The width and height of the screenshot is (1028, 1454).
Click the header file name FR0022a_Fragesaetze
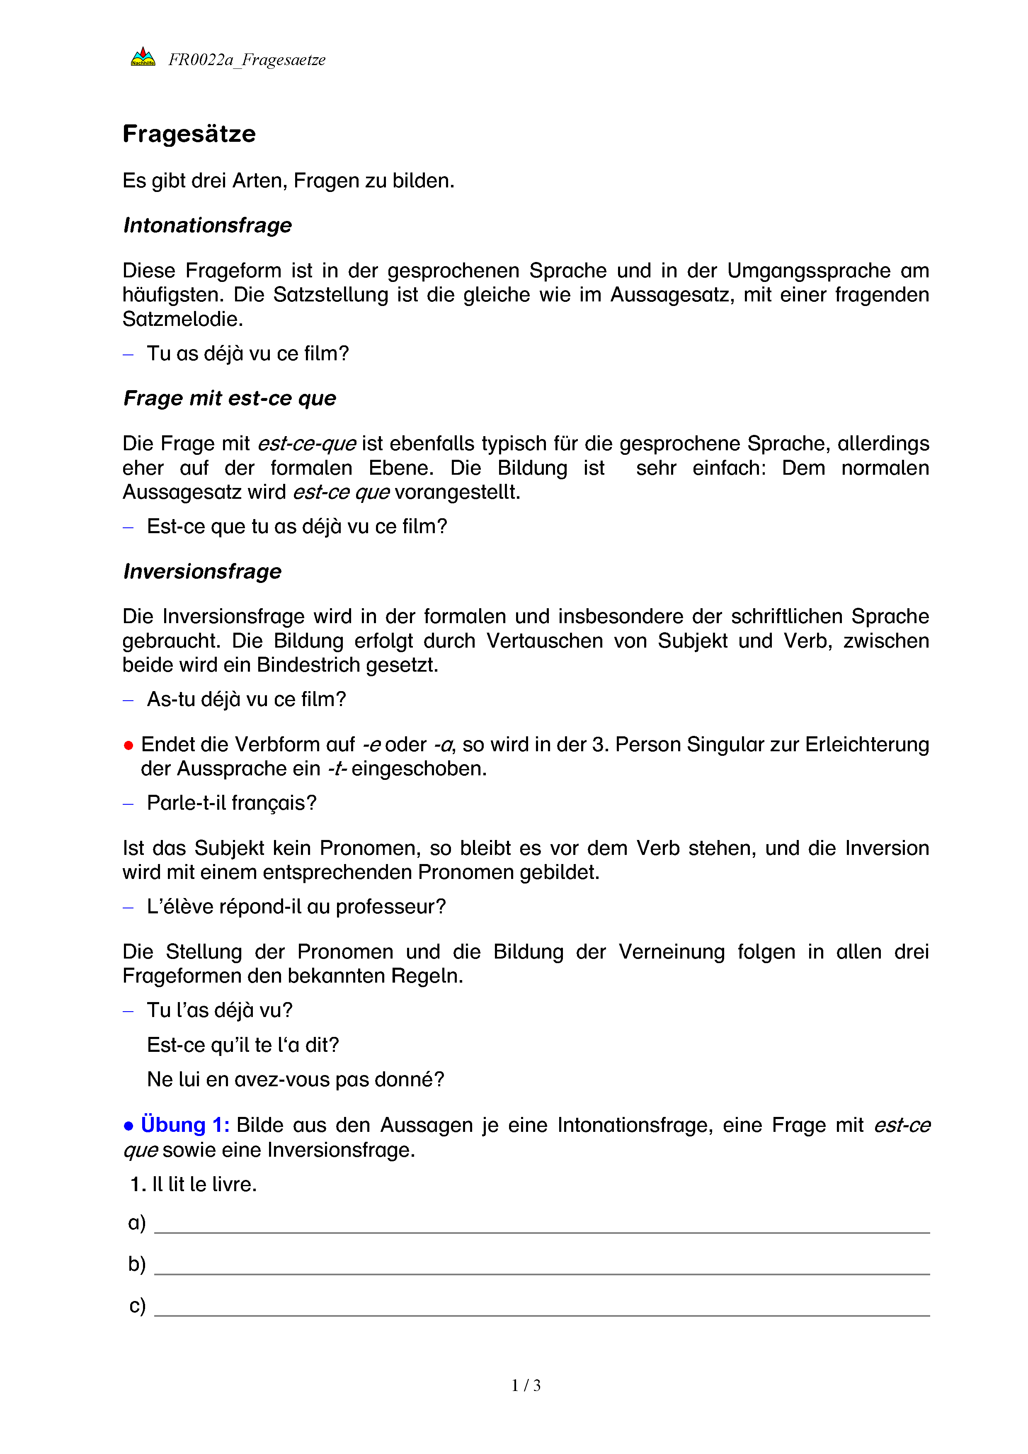[247, 60]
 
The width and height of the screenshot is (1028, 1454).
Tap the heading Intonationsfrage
[208, 226]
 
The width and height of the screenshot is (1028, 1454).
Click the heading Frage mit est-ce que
[230, 398]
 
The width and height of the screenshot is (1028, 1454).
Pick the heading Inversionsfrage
[203, 571]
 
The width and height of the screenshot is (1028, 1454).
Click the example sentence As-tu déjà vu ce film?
[246, 699]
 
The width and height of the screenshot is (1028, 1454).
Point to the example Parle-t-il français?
[232, 803]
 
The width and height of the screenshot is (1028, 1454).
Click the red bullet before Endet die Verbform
[128, 745]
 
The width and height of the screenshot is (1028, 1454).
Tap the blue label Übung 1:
[185, 1125]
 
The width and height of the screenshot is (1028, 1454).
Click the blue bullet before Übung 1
[128, 1126]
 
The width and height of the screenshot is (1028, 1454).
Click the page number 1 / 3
[526, 1386]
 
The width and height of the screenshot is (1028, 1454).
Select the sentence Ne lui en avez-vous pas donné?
[296, 1079]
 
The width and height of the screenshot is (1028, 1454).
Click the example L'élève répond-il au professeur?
[296, 907]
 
